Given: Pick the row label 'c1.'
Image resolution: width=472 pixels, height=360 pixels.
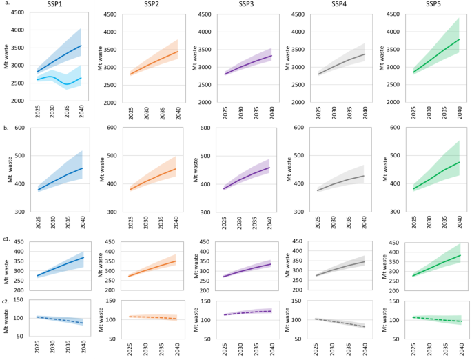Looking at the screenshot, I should [x=6, y=239].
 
